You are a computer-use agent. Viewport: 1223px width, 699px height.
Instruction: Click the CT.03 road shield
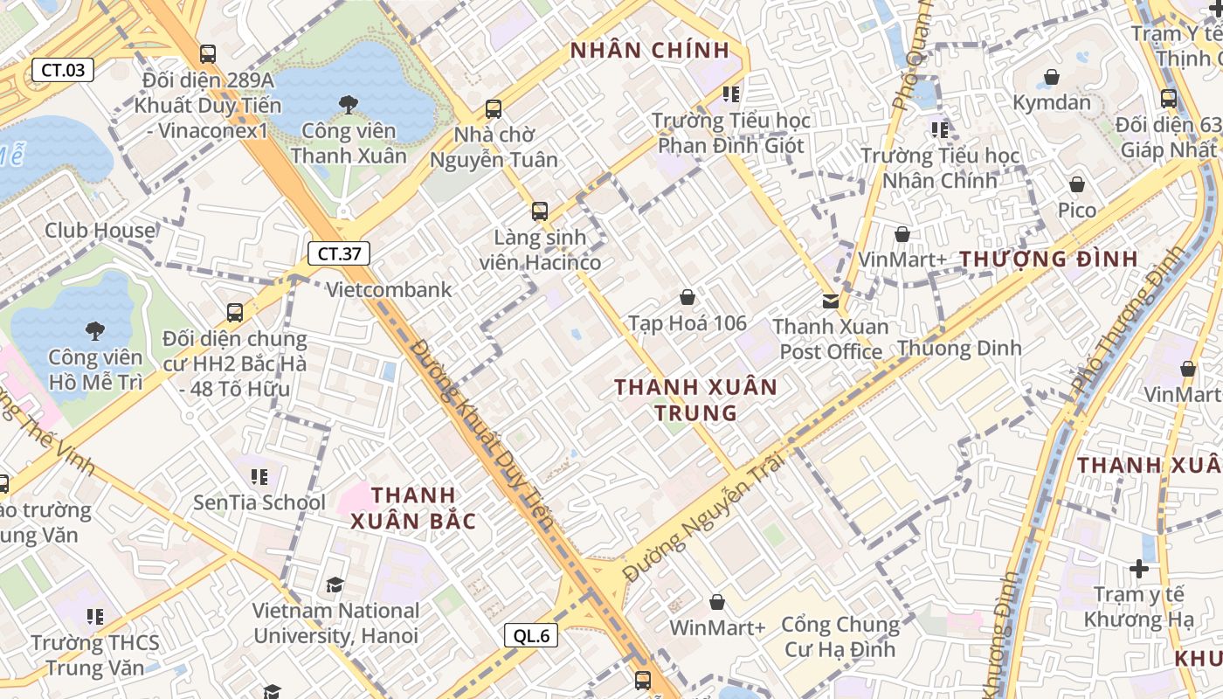[x=63, y=70]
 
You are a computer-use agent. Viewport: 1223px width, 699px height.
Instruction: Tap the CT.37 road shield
[x=339, y=254]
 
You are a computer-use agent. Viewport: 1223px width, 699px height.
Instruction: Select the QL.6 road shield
[x=531, y=635]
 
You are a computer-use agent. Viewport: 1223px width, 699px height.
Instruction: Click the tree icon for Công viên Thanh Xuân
[x=349, y=105]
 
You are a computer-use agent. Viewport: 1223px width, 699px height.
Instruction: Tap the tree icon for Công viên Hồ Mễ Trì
[x=95, y=330]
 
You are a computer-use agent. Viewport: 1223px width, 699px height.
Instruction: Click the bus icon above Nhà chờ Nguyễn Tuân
[x=494, y=109]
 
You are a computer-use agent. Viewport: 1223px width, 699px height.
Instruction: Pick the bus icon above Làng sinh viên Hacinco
[x=540, y=211]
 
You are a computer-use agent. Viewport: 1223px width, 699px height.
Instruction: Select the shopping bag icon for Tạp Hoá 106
[x=688, y=297]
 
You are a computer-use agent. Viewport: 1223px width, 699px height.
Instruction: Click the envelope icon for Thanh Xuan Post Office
[x=831, y=301]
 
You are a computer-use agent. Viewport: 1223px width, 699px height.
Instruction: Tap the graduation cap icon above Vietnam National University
[x=335, y=585]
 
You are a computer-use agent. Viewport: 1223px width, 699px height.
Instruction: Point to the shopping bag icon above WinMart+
[x=717, y=602]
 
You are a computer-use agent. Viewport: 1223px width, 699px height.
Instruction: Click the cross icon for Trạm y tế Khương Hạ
[x=1138, y=569]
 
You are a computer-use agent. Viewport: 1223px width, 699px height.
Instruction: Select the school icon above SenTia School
[x=259, y=476]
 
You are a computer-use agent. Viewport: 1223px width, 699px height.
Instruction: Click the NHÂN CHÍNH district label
[x=650, y=51]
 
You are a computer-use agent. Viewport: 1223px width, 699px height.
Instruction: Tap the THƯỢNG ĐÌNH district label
[x=1048, y=259]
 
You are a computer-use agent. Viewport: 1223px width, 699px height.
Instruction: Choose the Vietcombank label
[x=389, y=289]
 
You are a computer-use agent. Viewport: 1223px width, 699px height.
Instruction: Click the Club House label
[x=100, y=231]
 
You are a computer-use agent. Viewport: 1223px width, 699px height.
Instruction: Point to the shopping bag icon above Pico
[x=1077, y=184]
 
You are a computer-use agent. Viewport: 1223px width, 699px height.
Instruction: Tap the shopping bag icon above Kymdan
[x=1052, y=77]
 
